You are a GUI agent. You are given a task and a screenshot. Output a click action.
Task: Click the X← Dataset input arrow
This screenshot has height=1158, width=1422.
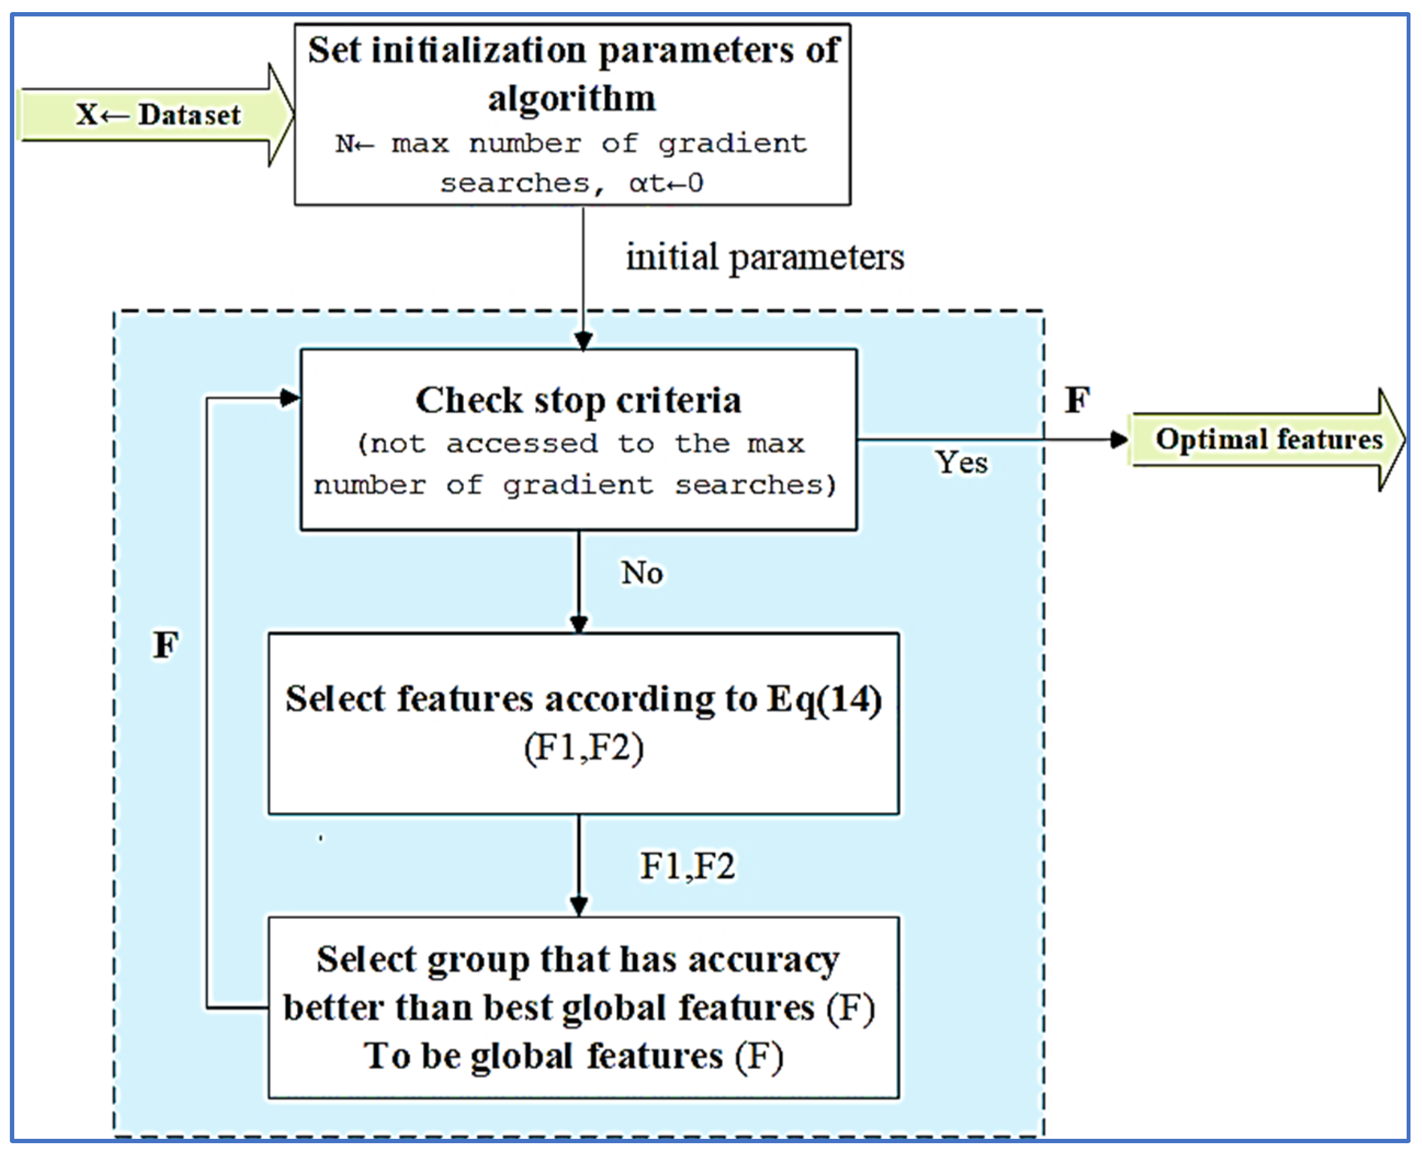pyautogui.click(x=157, y=115)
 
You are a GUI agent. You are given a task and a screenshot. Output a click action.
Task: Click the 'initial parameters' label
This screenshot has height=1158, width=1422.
pyautogui.click(x=765, y=258)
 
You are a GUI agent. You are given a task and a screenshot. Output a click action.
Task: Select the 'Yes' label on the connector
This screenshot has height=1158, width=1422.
pyautogui.click(x=961, y=462)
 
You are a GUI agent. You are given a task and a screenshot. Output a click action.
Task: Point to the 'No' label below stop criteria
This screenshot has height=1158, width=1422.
pyautogui.click(x=641, y=573)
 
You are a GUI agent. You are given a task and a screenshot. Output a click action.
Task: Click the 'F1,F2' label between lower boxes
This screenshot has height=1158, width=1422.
pyautogui.click(x=687, y=866)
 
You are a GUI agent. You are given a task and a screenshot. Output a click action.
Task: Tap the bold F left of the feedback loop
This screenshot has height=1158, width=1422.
pyautogui.click(x=166, y=645)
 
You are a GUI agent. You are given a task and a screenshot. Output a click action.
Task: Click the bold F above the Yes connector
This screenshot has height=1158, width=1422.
pyautogui.click(x=1076, y=400)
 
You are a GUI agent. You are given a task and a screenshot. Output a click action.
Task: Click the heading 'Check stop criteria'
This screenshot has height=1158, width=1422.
pyautogui.click(x=578, y=400)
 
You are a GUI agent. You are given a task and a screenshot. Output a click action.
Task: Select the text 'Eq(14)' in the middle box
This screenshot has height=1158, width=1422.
pyautogui.click(x=824, y=700)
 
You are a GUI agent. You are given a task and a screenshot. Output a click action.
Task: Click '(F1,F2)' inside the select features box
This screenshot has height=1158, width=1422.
pyautogui.click(x=583, y=748)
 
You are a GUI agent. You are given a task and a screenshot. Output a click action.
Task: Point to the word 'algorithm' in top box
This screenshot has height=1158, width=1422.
pyautogui.click(x=572, y=99)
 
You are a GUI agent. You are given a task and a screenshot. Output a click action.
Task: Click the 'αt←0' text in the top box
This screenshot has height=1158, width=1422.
pyautogui.click(x=666, y=183)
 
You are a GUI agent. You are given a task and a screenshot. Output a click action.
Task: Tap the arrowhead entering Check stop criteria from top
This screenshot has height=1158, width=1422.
pyautogui.click(x=583, y=342)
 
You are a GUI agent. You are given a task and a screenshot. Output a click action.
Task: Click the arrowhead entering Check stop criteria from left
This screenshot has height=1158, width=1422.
pyautogui.click(x=291, y=398)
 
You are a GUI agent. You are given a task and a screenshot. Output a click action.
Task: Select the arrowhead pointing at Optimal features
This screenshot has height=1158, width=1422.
pyautogui.click(x=1119, y=440)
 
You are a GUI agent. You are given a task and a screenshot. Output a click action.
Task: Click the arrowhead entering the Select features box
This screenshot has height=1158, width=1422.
pyautogui.click(x=579, y=624)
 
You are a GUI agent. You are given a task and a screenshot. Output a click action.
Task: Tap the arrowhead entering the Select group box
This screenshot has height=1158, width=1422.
pyautogui.click(x=579, y=906)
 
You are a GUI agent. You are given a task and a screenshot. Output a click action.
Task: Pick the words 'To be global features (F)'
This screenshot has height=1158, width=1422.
pyautogui.click(x=574, y=1057)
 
